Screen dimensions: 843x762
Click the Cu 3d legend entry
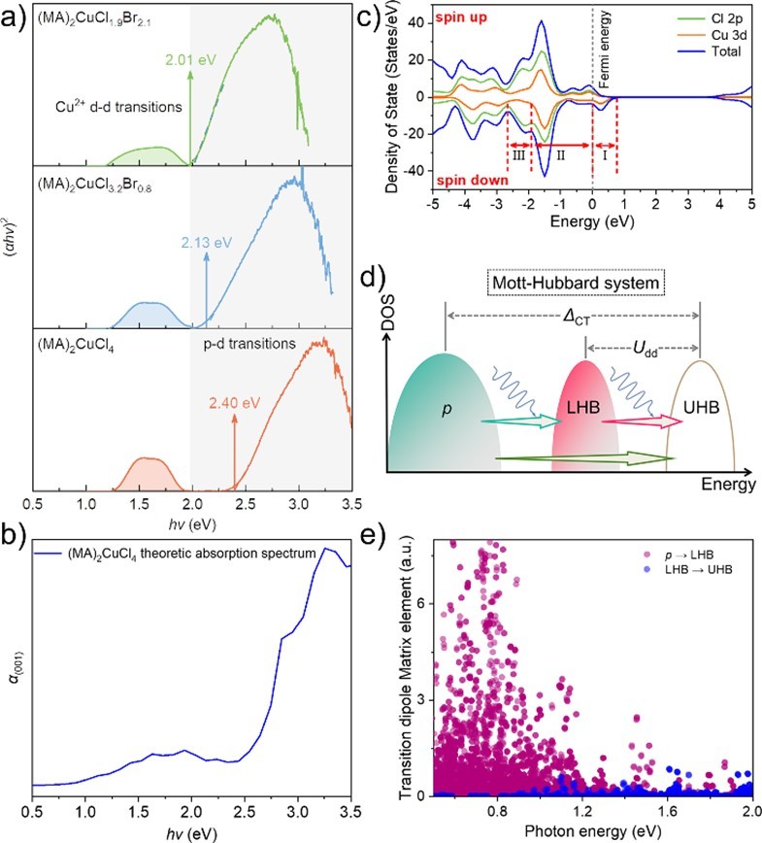pos(701,36)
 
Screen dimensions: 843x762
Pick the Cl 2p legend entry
pos(701,19)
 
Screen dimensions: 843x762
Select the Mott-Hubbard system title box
pos(575,283)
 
